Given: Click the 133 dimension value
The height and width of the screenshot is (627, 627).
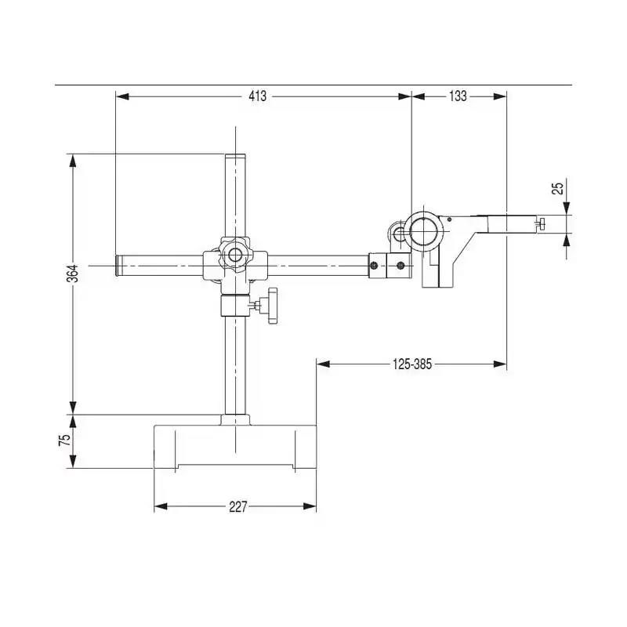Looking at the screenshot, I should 458,96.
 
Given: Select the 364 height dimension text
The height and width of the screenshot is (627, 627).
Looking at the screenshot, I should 72,274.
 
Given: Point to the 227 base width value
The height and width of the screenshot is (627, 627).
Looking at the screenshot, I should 238,507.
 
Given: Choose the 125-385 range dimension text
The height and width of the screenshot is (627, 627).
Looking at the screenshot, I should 412,363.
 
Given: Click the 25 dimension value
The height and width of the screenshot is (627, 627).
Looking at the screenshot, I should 557,188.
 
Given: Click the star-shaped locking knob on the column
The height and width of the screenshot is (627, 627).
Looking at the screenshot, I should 271,306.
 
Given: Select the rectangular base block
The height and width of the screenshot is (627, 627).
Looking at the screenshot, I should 235,447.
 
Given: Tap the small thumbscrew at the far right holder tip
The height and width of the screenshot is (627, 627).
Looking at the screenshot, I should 542,224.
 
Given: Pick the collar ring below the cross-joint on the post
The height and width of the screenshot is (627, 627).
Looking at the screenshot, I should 235,305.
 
